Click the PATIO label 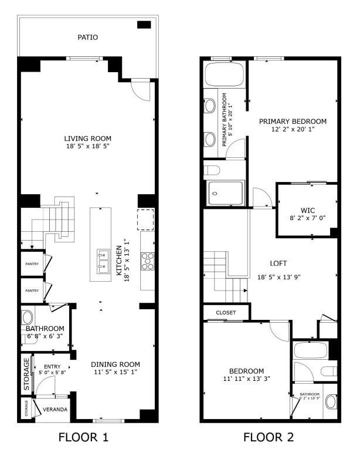coord(87,37)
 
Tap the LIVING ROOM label coord(87,139)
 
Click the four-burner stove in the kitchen coord(147,261)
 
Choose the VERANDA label coord(56,409)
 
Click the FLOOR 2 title coord(269,437)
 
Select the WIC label coord(308,210)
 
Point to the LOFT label coord(279,265)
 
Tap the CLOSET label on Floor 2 coord(226,313)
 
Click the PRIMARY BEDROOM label coord(293,121)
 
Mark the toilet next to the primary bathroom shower coord(213,170)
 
